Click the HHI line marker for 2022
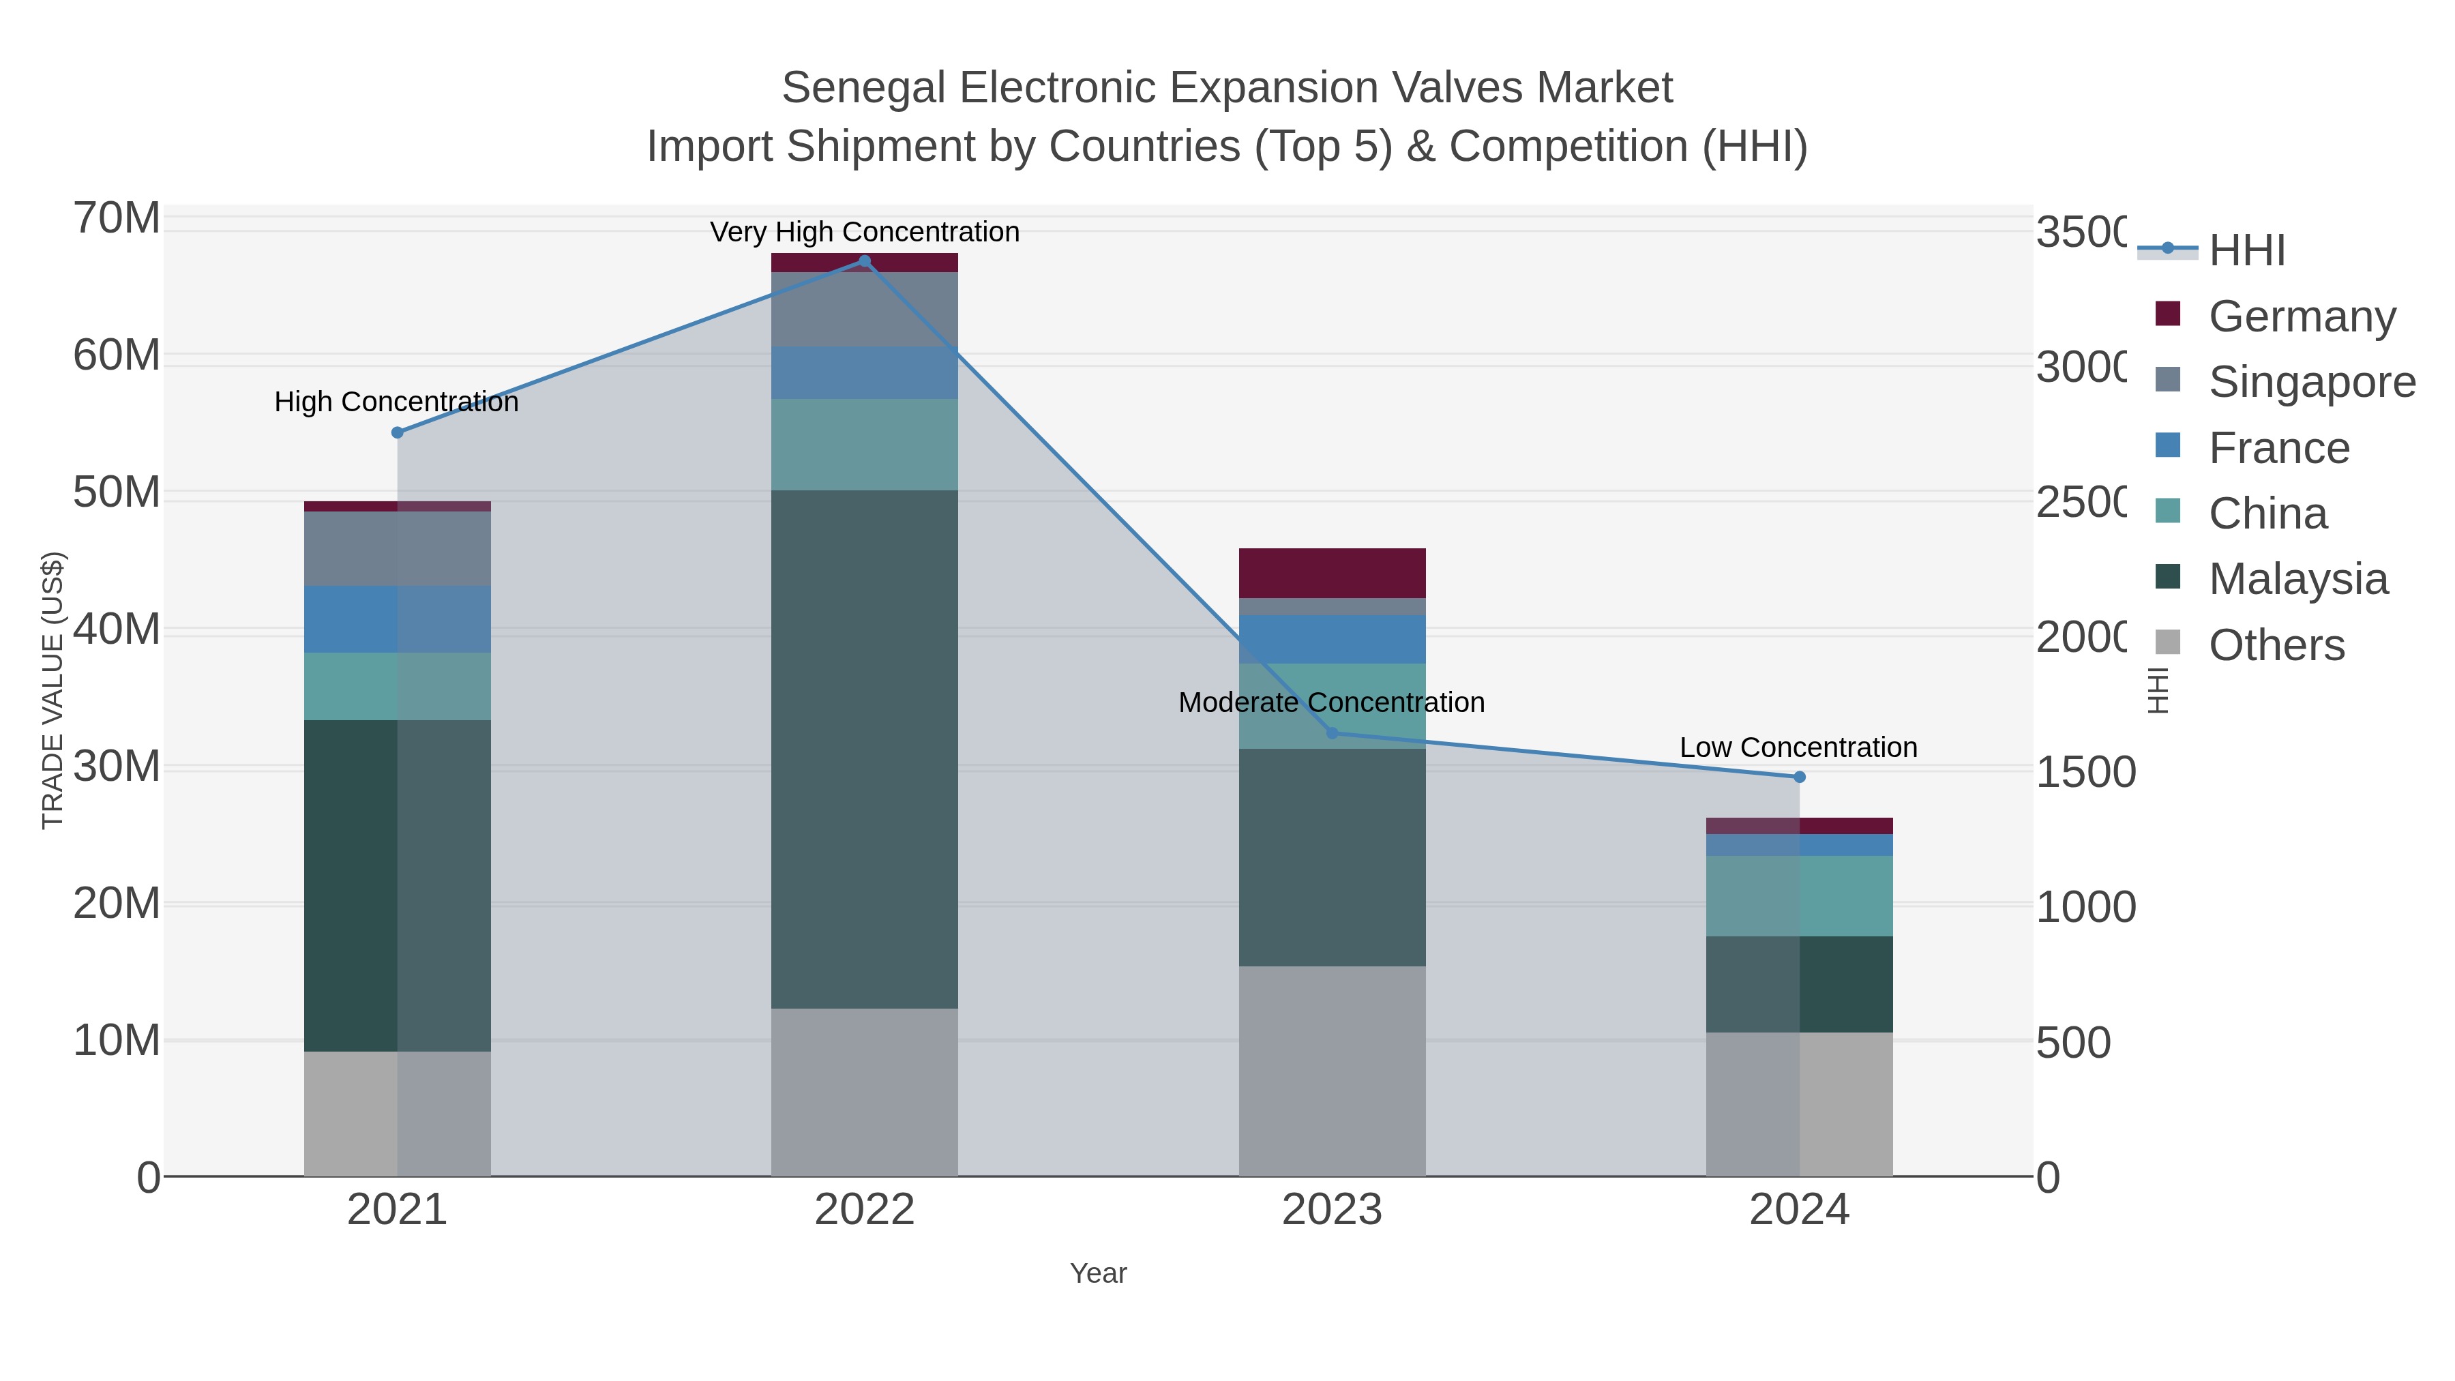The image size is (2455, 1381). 865,261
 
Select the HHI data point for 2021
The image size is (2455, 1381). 398,432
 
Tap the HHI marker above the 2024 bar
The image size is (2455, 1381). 1800,777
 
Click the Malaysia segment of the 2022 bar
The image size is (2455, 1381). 865,749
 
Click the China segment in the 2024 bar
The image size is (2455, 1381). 1800,896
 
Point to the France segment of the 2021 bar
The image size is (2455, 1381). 398,619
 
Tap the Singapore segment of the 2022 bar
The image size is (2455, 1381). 865,310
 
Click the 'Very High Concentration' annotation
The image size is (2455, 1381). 865,232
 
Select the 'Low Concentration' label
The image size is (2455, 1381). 1798,747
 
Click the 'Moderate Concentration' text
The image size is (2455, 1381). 1331,702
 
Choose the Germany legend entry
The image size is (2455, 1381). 2301,316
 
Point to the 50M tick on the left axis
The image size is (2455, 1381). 116,493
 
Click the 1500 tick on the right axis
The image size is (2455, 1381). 2085,772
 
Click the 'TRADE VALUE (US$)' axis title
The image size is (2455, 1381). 53,690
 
